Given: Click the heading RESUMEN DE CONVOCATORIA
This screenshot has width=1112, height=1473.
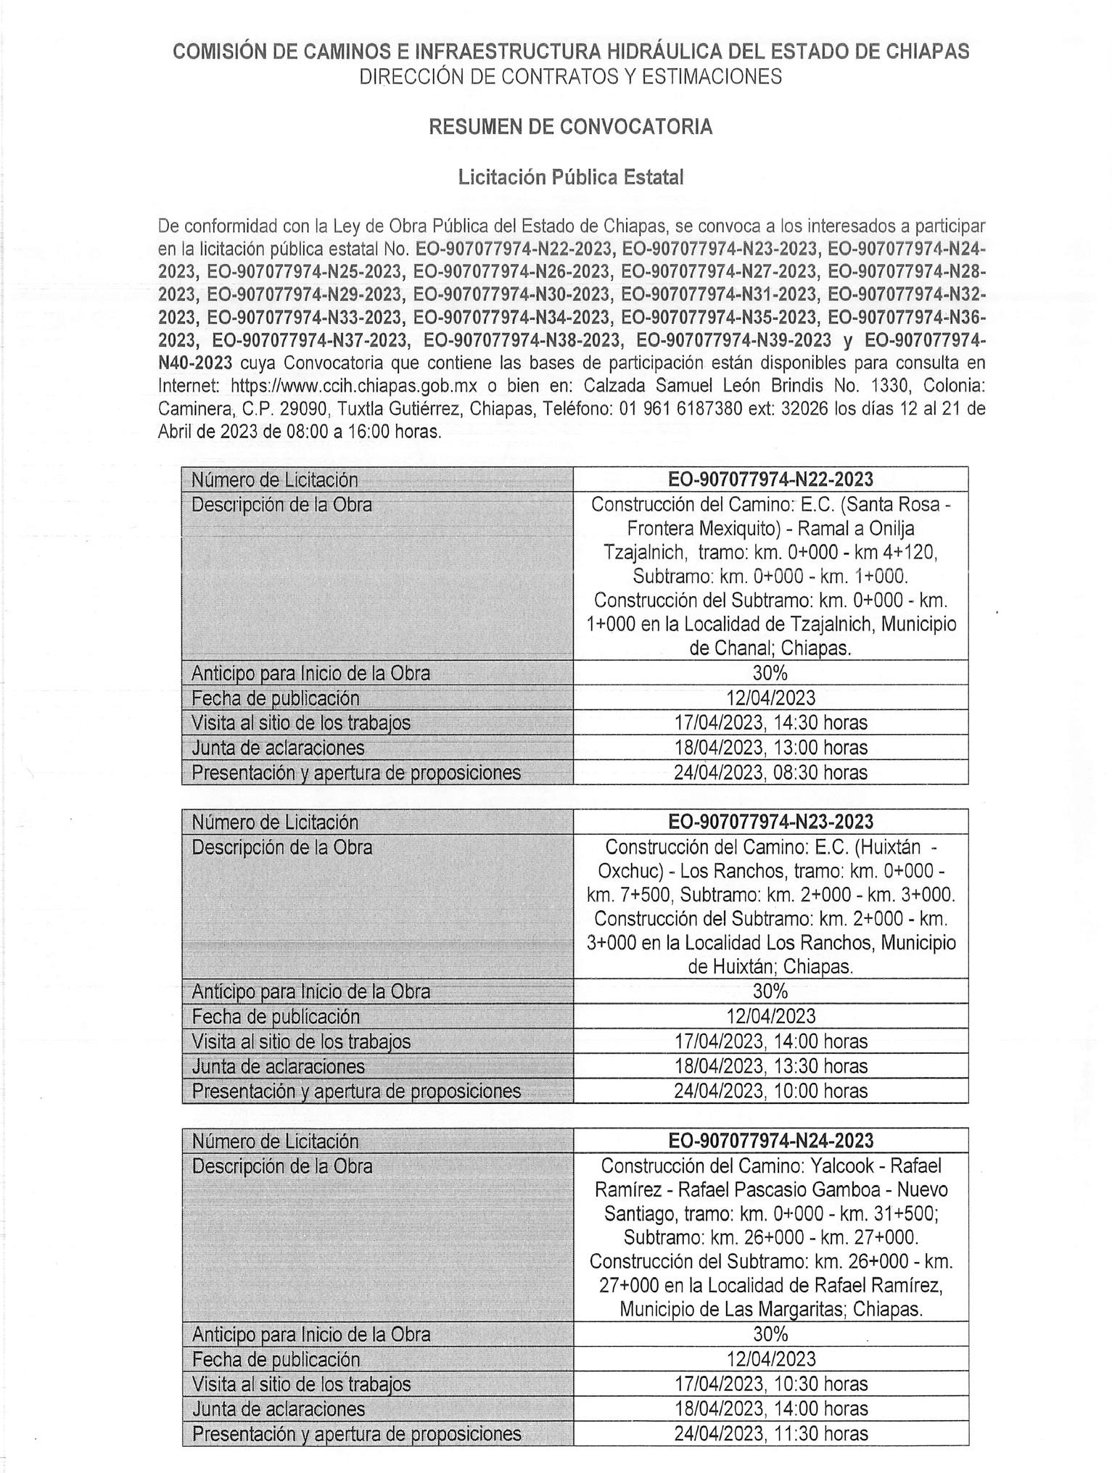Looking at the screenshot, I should point(570,127).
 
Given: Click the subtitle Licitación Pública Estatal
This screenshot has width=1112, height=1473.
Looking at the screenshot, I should point(570,178).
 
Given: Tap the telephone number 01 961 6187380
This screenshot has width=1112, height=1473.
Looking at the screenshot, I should point(680,408).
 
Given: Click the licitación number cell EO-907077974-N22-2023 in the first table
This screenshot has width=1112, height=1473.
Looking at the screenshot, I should point(770,479).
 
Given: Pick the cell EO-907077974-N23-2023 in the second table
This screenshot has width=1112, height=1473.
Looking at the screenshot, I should point(770,822).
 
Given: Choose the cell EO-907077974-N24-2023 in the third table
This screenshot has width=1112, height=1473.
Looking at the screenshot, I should point(770,1141).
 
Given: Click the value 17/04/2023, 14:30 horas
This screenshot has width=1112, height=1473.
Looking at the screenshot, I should point(770,722).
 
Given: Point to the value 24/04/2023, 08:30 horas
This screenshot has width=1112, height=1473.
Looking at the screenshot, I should point(770,772).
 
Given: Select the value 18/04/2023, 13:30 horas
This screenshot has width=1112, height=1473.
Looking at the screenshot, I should point(770,1066).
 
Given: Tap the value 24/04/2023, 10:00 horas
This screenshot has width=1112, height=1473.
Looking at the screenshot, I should point(770,1091).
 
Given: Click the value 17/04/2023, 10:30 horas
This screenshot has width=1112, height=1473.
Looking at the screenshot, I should point(770,1384).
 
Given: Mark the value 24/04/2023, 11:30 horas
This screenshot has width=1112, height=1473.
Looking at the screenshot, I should point(770,1433).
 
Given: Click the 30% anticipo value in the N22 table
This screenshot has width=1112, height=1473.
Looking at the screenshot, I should point(770,673).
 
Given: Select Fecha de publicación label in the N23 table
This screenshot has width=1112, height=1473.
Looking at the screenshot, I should point(276,1017).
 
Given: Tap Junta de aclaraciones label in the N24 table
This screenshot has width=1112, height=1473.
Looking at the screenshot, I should point(279,1408).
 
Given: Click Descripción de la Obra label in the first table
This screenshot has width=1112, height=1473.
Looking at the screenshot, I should point(281,505).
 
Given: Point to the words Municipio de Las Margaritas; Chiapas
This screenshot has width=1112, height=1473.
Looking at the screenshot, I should point(770,1310).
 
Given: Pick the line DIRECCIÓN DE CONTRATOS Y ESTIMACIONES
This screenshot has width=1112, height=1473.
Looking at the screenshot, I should point(570,77).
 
